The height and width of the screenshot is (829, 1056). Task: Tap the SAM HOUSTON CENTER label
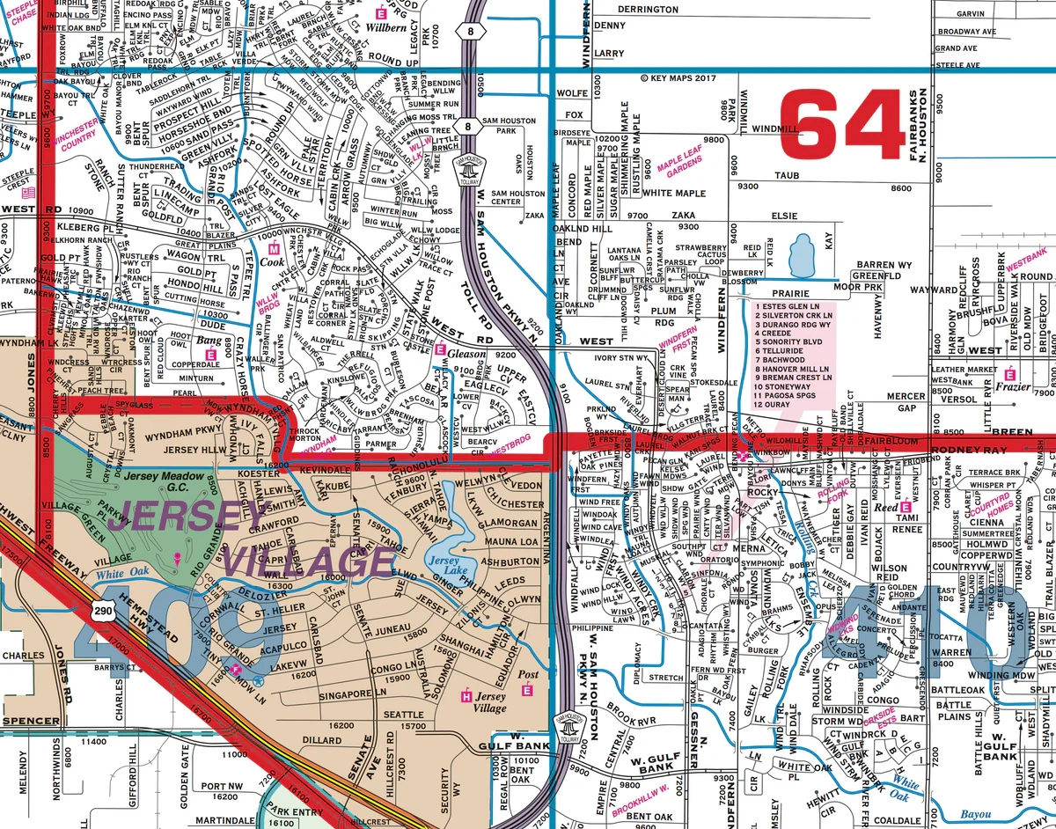(x=518, y=197)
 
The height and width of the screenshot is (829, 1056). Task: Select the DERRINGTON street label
(x=648, y=10)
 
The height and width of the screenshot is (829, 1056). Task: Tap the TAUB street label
(x=787, y=176)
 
